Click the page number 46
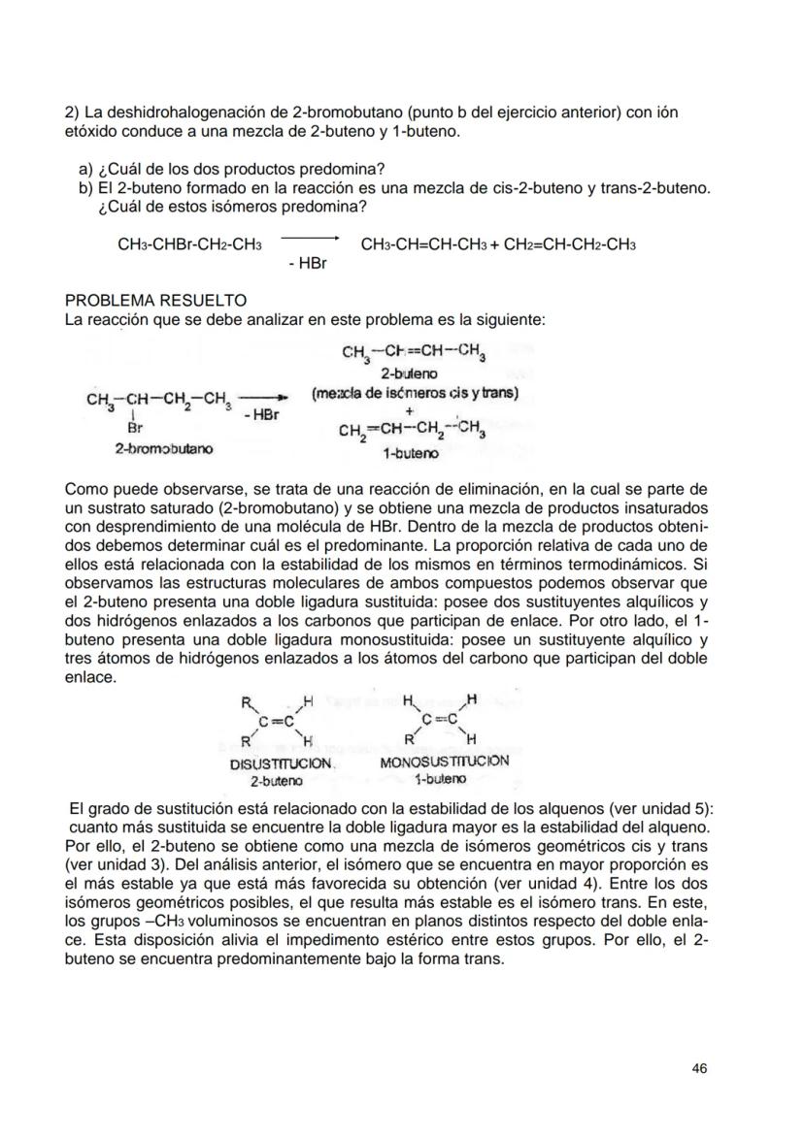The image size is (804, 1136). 699,1068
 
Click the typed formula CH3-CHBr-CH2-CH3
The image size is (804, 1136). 189,245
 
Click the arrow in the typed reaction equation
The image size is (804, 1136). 308,237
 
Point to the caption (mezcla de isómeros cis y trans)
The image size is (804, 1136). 415,393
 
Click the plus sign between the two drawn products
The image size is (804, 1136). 410,410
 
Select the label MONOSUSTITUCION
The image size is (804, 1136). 445,763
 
